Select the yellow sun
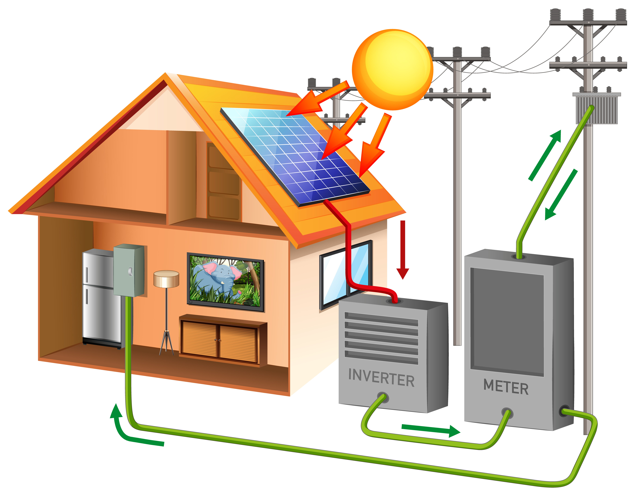(393, 70)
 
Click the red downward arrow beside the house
(403, 250)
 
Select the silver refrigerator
(99, 299)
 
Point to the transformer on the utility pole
(597, 109)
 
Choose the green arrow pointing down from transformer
(561, 195)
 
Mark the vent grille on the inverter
(381, 339)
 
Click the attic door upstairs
(224, 182)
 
